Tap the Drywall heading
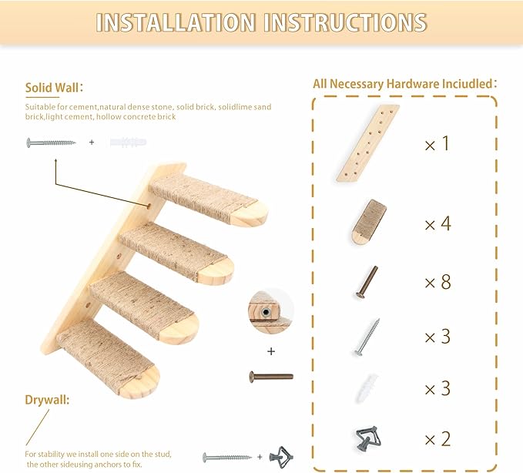click(47, 401)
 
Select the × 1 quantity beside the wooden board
click(437, 143)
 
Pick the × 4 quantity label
click(437, 224)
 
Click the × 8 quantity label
click(437, 282)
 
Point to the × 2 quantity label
click(437, 439)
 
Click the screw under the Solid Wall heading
click(51, 143)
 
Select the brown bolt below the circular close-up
click(271, 377)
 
